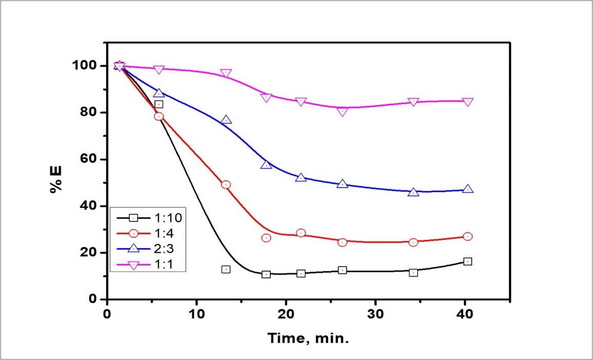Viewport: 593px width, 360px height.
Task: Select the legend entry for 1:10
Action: coord(149,217)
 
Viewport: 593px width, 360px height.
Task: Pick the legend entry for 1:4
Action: coord(149,233)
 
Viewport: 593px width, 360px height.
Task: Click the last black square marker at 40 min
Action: coord(467,262)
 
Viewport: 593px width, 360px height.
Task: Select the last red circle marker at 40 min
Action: coord(467,236)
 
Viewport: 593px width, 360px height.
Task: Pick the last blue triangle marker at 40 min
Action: coord(467,189)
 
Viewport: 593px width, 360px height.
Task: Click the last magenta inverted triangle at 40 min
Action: coord(467,102)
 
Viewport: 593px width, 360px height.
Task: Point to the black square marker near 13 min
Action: coord(226,269)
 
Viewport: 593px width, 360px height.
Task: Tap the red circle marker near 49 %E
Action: coord(226,185)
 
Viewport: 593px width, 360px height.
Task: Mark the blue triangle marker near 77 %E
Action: coord(226,120)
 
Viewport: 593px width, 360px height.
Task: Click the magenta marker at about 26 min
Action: coord(343,111)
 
